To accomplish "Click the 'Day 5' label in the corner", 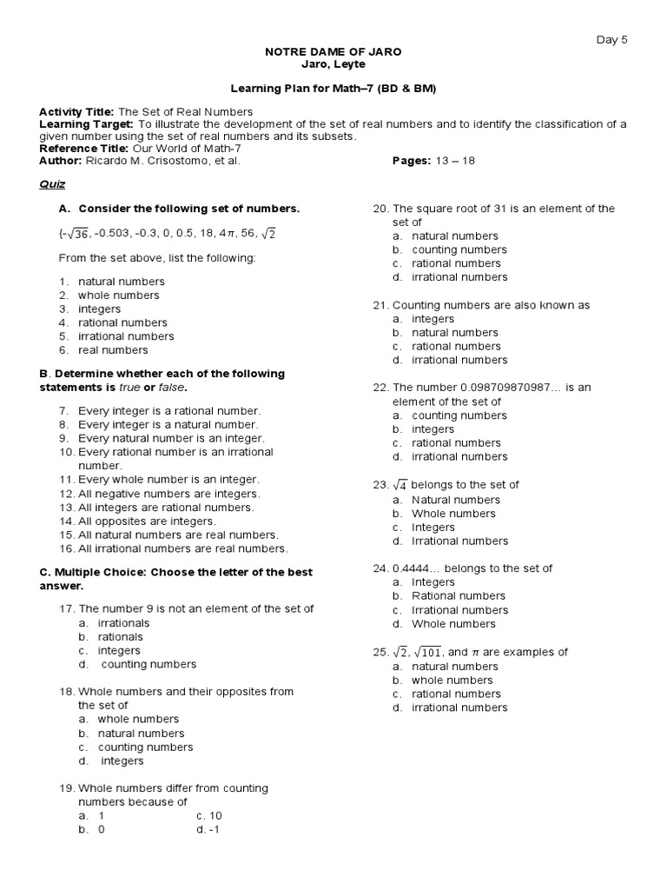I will tap(611, 39).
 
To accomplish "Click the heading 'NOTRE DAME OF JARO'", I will tap(333, 52).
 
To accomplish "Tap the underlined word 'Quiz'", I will tap(52, 184).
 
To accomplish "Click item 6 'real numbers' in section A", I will tap(113, 350).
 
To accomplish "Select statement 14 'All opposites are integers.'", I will tap(147, 521).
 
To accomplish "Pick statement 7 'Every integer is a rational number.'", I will tap(168, 410).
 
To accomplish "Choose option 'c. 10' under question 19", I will tap(209, 816).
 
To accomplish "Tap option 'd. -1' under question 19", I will tap(208, 830).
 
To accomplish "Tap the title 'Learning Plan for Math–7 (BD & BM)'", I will tap(333, 89).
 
